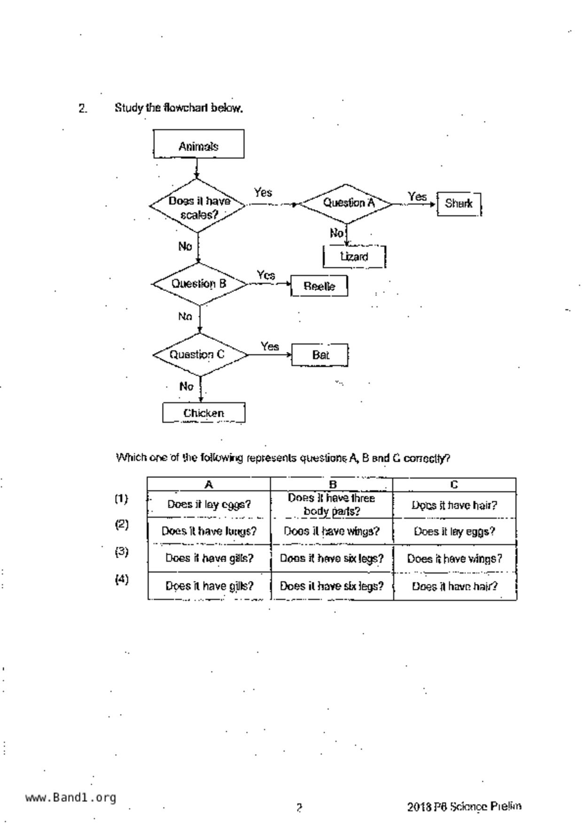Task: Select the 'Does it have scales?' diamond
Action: [198, 206]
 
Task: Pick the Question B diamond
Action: [200, 284]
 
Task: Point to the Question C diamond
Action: [200, 355]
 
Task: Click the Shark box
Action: [459, 204]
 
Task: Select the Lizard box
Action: [354, 257]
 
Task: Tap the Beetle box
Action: [319, 286]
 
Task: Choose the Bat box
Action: [320, 355]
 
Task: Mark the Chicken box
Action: [204, 413]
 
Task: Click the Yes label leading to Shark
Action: [417, 196]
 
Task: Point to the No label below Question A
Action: [336, 233]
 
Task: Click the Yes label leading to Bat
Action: [270, 347]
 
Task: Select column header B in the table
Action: [332, 484]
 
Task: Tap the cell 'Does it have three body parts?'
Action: [332, 505]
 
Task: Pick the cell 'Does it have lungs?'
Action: [209, 531]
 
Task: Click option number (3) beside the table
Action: [122, 552]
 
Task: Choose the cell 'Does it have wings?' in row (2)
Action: [332, 531]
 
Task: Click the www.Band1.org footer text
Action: [70, 797]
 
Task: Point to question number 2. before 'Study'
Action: [83, 109]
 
